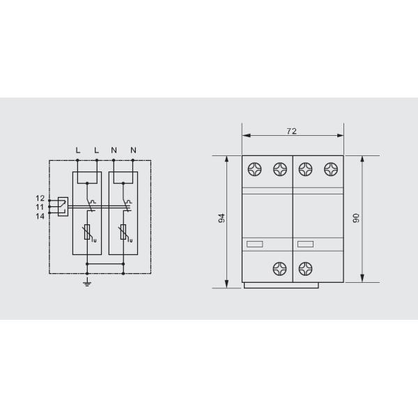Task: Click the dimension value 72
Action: coord(292,131)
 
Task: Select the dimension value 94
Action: coord(222,218)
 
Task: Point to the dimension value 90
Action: coord(356,218)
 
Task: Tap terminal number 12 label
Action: coord(40,199)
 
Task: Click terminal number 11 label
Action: coord(40,207)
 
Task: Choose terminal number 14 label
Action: coord(40,216)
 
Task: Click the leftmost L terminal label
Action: coord(78,150)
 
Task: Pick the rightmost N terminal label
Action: coord(133,150)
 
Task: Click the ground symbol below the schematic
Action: coord(87,282)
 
